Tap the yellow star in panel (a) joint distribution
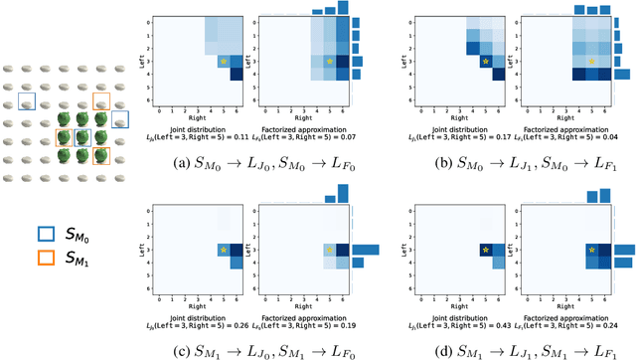click(224, 62)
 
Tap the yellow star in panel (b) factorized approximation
click(590, 62)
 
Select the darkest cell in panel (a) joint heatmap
click(236, 73)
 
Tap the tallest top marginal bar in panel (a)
click(342, 8)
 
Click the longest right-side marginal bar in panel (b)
click(622, 74)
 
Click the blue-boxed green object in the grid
click(82, 138)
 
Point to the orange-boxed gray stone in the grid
click(101, 101)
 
